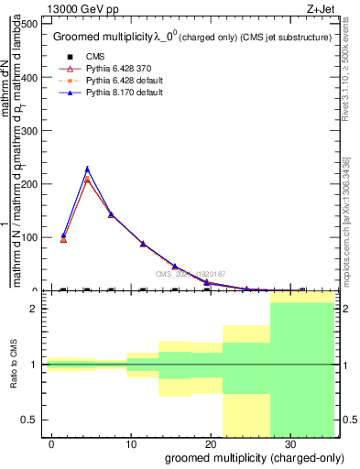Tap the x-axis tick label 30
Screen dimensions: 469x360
click(x=289, y=442)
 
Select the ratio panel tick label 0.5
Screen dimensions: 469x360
click(x=29, y=420)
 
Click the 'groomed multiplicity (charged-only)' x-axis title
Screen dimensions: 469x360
click(x=247, y=457)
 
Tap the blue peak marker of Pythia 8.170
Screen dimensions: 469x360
click(x=87, y=169)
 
